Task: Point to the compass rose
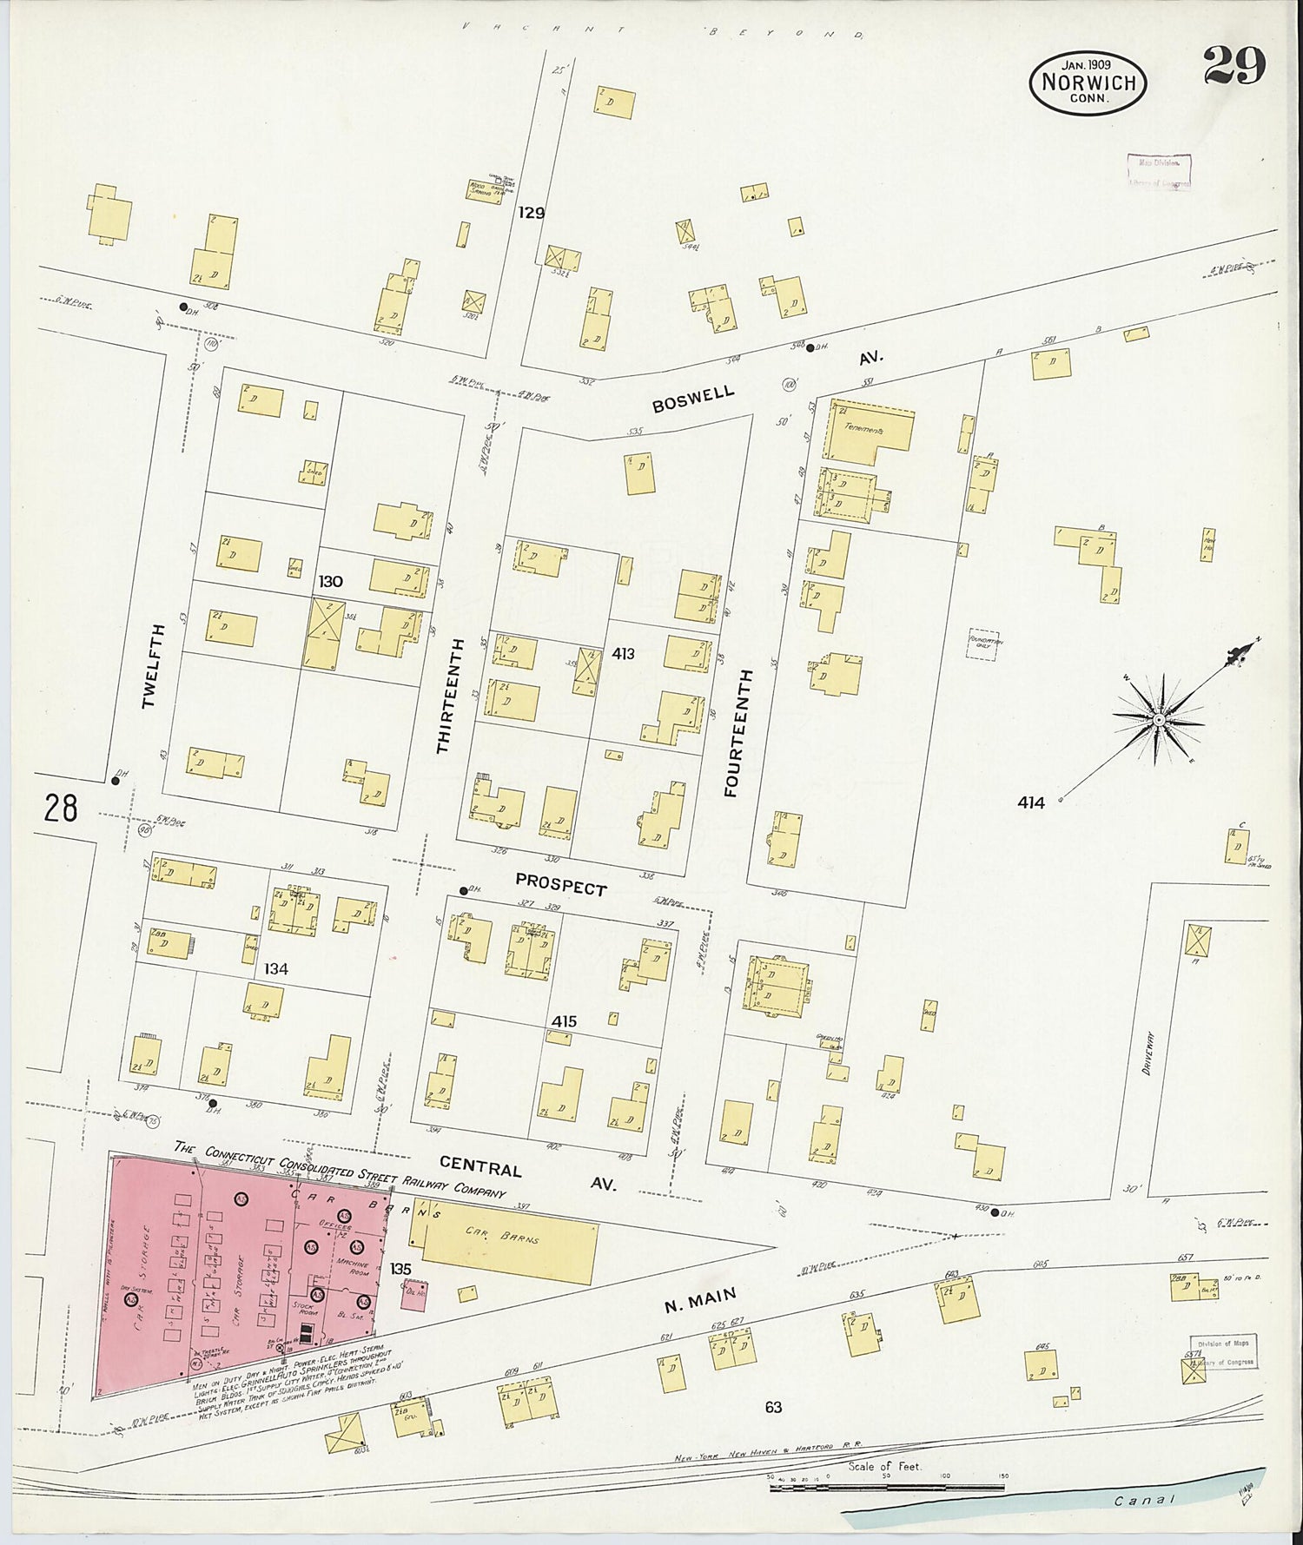1159,719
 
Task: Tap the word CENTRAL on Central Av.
480,1166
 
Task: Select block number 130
330,582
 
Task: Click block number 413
623,653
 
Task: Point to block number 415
564,1021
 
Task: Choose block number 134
276,968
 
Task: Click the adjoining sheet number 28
61,809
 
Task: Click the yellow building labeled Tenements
869,432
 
